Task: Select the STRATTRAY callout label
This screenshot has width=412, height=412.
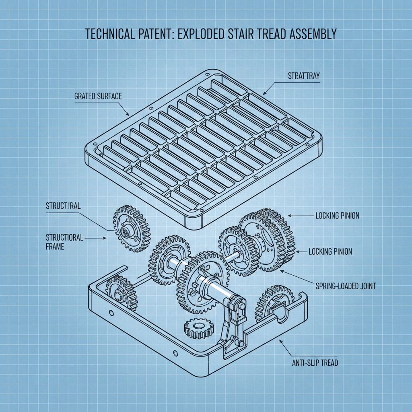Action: coord(304,76)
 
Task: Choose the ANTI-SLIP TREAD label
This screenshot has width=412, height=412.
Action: coord(315,363)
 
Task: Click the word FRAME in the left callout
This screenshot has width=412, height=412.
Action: coord(55,247)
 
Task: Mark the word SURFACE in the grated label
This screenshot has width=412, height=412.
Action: coord(109,96)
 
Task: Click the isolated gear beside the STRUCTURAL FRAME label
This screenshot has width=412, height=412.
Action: coord(131,227)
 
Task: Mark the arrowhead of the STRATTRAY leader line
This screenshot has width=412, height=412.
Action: coord(263,93)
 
